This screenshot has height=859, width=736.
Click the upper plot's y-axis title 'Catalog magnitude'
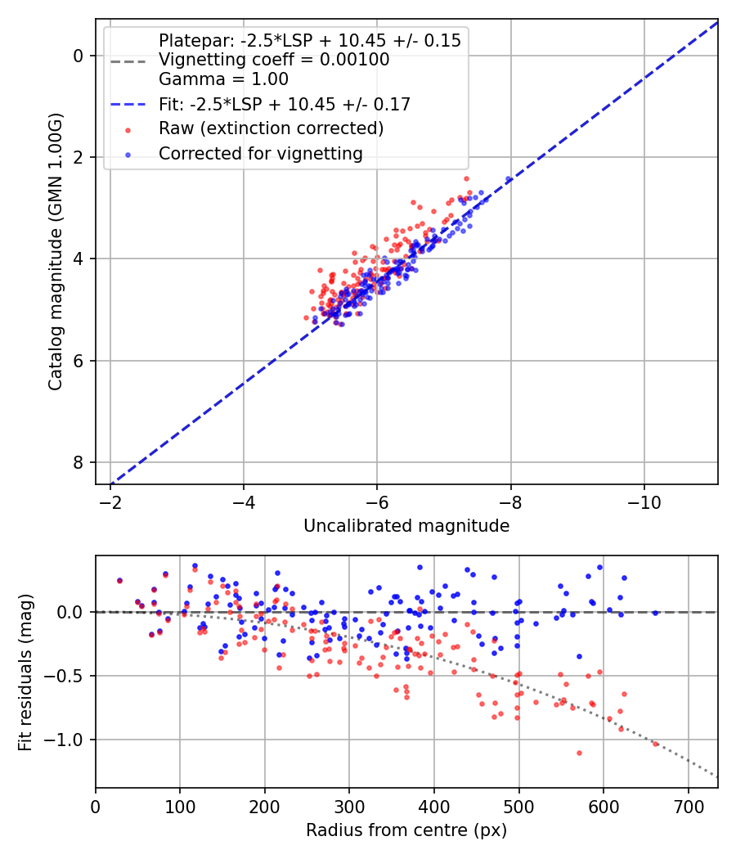[55, 251]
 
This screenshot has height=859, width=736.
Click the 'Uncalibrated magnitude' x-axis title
[406, 526]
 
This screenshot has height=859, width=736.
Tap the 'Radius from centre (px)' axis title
[406, 830]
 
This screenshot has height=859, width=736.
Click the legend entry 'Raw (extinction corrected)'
[271, 128]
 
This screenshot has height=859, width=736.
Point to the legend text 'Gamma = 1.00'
[223, 79]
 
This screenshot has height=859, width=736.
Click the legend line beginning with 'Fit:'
[284, 104]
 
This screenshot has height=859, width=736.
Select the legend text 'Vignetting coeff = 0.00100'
[274, 60]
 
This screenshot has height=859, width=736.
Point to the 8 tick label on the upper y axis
[79, 463]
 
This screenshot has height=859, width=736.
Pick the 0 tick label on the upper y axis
[79, 56]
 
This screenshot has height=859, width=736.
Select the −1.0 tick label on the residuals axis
[68, 740]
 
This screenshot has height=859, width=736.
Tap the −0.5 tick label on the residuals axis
[68, 676]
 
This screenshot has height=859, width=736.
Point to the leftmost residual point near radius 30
[119, 580]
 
